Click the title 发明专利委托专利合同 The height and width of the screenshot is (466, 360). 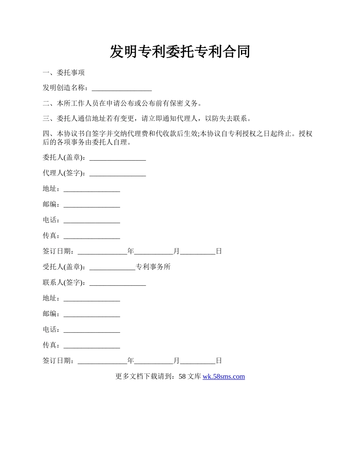click(x=180, y=52)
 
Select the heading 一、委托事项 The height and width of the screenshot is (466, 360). click(x=64, y=72)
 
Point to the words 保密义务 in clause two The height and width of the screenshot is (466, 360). click(x=185, y=103)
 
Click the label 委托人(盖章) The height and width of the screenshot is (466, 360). click(x=64, y=157)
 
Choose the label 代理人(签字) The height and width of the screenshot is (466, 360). click(x=64, y=173)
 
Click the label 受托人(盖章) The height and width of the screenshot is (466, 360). click(x=64, y=267)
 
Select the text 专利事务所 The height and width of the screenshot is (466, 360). click(x=153, y=267)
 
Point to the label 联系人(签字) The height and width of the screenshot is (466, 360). click(x=64, y=283)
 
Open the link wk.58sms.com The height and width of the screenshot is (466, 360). click(x=224, y=377)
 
